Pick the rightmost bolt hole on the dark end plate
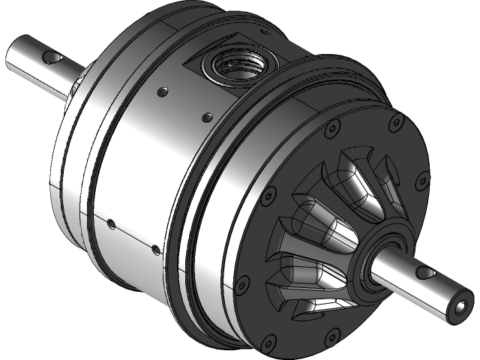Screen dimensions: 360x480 tap(426, 178)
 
